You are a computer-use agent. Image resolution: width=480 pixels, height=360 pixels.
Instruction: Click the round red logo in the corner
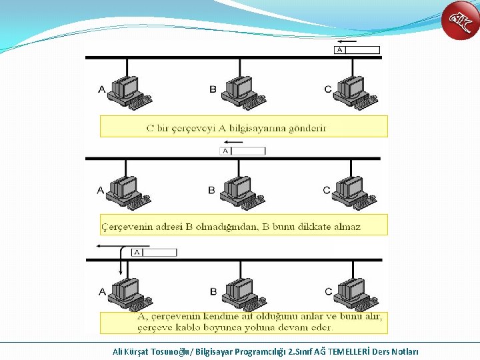point(461,21)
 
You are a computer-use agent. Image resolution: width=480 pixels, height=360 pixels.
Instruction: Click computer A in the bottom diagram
point(129,294)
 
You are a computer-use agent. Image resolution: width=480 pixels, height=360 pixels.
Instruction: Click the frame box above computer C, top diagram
point(357,50)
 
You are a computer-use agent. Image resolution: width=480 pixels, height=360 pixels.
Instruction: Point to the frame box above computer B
point(243,151)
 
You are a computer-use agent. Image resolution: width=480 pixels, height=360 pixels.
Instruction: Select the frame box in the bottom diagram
point(155,253)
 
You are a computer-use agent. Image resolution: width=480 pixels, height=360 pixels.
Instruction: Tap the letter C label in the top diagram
point(327,89)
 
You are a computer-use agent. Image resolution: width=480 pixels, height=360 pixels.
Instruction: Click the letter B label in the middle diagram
point(212,190)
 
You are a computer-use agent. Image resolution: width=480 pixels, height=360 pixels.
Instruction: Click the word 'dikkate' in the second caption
point(308,227)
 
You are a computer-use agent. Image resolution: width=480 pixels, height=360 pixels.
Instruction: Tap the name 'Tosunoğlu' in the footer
point(169,351)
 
